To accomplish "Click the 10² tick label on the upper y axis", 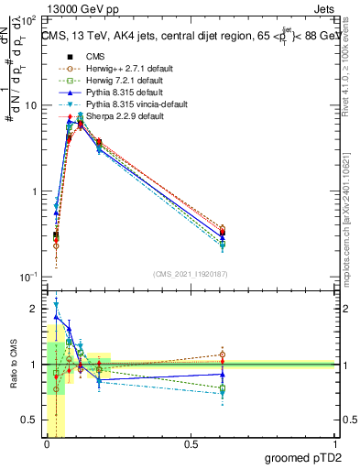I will (27, 19).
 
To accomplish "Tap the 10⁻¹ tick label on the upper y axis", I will (27, 277).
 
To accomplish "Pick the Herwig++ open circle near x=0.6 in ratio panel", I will (223, 354).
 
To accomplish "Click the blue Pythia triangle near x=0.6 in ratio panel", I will (223, 374).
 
